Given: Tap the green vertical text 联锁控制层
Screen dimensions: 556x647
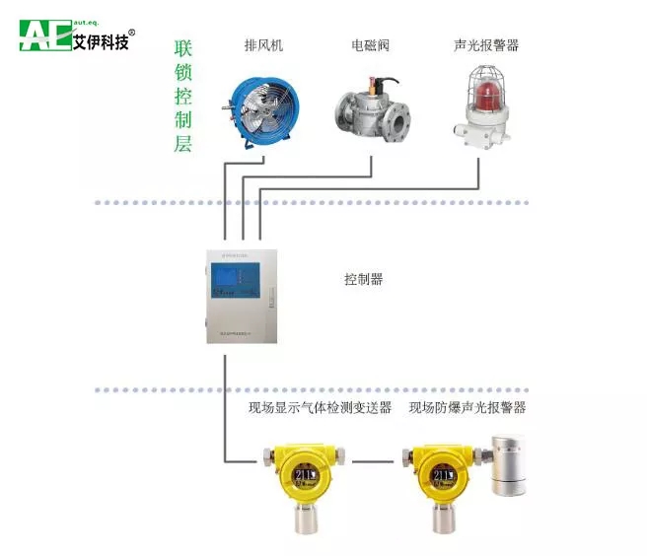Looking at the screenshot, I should point(182,97).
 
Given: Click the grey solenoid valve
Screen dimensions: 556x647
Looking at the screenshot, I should point(370,116).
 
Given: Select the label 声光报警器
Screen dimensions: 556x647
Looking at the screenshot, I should point(486,45).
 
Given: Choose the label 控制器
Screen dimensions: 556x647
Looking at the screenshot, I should point(363,280).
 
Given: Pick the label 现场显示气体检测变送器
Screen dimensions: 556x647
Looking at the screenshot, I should point(320,407).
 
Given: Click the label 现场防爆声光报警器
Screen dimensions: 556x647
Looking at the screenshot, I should point(467,407).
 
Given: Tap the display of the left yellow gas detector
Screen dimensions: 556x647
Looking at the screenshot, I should point(304,477).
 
